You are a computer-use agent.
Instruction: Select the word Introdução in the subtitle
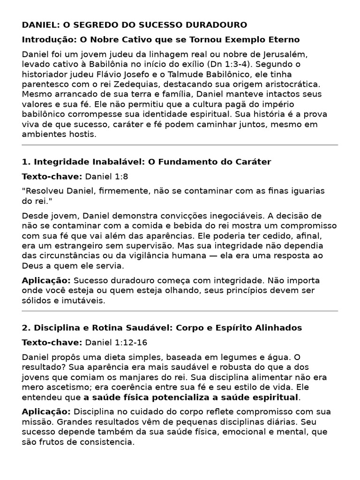tap(44, 39)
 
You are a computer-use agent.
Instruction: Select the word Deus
tap(32, 266)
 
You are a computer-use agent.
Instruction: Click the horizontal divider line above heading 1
tap(180, 145)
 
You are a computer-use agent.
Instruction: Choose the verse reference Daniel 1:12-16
tap(116, 342)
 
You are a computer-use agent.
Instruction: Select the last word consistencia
tap(108, 442)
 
